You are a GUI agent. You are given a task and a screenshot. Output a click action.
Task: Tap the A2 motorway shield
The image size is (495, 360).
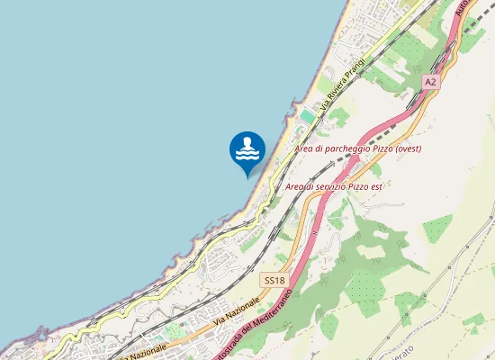pyautogui.click(x=430, y=81)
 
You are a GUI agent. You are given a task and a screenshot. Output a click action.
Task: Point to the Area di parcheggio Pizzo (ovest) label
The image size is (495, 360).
pyautogui.click(x=358, y=148)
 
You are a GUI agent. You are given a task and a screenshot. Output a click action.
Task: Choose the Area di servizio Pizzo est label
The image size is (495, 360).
pyautogui.click(x=334, y=186)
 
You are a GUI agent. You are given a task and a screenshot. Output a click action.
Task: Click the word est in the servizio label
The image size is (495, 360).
pyautogui.click(x=376, y=186)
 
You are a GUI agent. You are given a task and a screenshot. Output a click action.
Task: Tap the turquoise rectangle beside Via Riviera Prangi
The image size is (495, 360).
pyautogui.click(x=308, y=117)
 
